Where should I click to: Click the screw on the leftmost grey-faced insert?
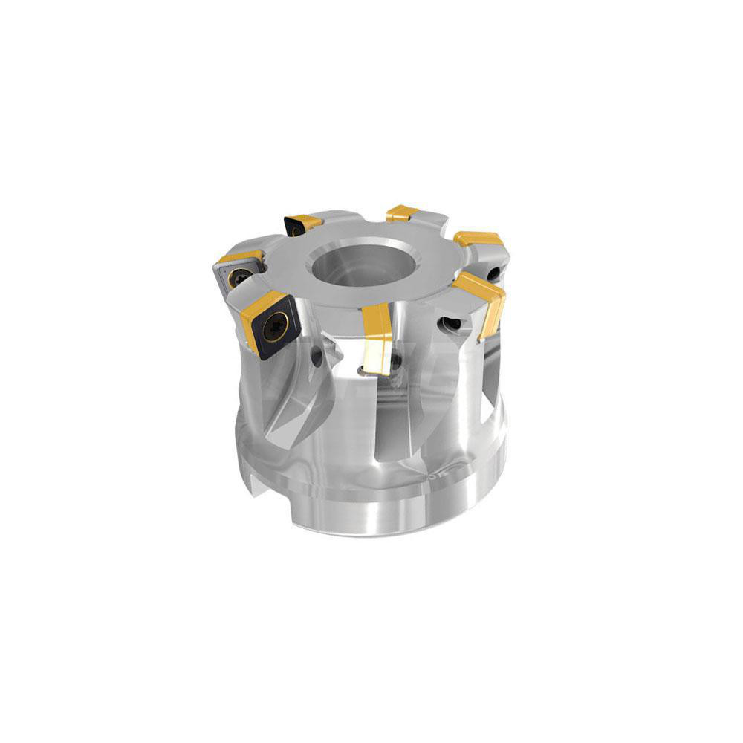pyautogui.click(x=239, y=277)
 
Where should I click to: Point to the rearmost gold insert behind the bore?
pyautogui.click(x=403, y=213)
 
